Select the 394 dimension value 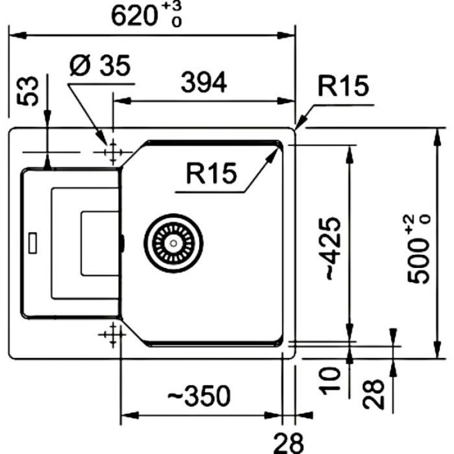(x=204, y=83)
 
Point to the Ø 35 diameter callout (x=100, y=67)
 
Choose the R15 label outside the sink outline (x=343, y=87)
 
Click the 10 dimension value (x=329, y=380)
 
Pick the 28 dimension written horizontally (x=289, y=440)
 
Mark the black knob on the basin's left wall (x=121, y=242)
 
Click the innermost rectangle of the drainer (x=100, y=243)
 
